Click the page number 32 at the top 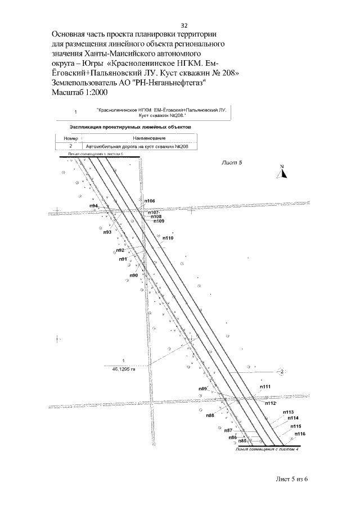coord(184,26)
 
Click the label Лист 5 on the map coord(232,163)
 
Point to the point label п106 coord(150,201)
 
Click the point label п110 coord(168,238)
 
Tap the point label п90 coord(133,274)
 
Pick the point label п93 coord(107,232)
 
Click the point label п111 coord(265,386)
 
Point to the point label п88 coord(210,415)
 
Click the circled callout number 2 coord(282,371)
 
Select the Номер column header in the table coord(70,137)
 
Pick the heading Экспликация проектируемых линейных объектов coord(129,127)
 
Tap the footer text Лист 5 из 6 coord(292,479)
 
